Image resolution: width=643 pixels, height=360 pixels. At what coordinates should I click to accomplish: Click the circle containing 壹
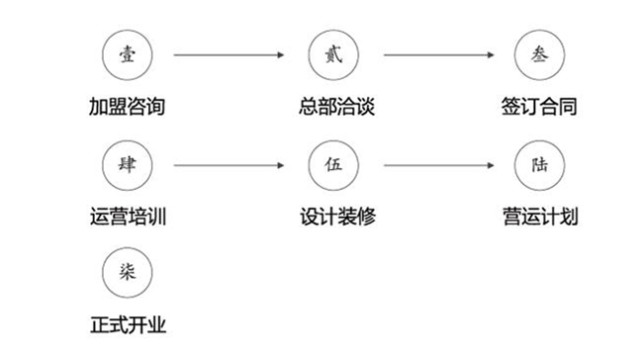pos(126,55)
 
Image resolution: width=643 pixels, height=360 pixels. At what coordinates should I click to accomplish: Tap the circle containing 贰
pos(332,55)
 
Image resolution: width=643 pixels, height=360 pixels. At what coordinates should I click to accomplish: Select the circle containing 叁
pos(539,55)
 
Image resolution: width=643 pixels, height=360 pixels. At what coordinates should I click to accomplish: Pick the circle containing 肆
pos(126,163)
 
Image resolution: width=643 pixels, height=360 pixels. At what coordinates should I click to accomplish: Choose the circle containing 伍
pos(332,163)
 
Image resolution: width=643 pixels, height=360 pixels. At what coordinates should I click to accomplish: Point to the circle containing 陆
pos(539,163)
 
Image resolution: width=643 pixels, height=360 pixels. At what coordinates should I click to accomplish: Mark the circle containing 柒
pos(126,271)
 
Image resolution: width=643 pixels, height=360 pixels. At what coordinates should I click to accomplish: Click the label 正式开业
pos(126,322)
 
